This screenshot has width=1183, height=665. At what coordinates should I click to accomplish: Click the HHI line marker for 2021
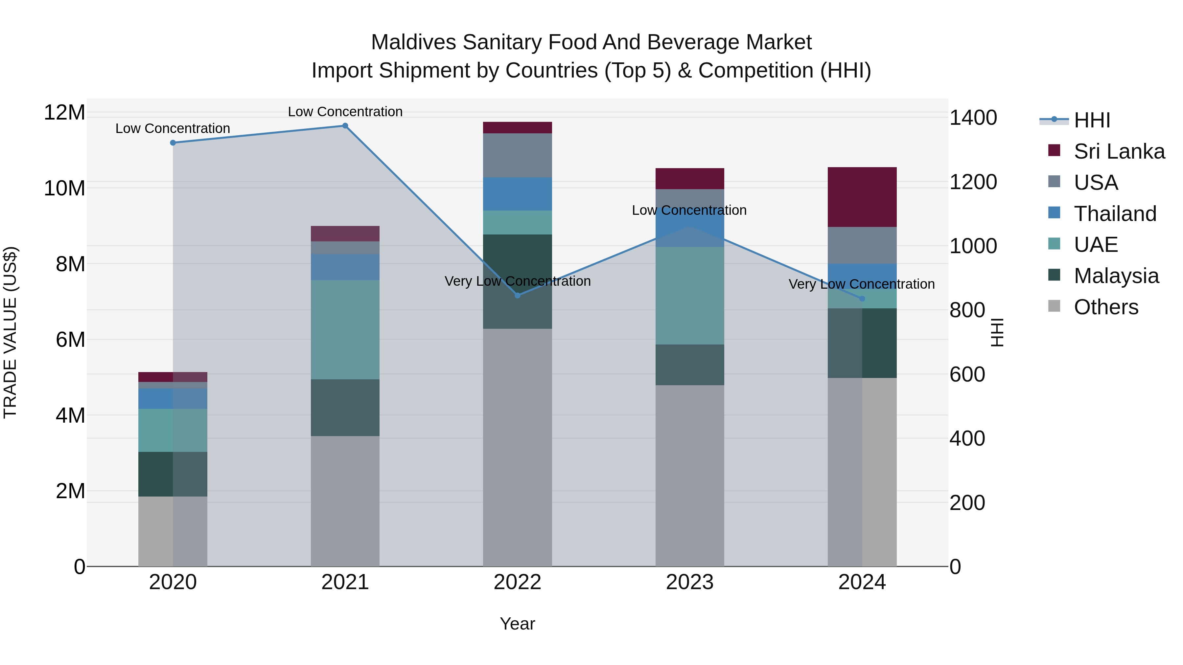pos(345,126)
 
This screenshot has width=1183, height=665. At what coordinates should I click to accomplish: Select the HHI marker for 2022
pos(518,296)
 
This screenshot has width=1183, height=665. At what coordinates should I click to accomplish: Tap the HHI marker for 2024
pos(862,299)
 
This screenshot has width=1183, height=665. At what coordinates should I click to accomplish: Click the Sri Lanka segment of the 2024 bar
pos(862,197)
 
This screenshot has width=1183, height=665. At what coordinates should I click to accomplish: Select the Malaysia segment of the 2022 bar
pos(518,281)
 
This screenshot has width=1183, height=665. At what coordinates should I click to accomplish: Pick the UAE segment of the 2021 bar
pos(345,329)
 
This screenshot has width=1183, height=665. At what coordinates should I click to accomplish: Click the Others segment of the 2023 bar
pos(689,476)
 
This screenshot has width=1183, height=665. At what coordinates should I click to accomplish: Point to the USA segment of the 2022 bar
pos(518,155)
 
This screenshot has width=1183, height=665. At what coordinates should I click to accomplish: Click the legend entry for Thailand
pos(1115,214)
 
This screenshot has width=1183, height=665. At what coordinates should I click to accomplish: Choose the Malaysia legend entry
pos(1116,276)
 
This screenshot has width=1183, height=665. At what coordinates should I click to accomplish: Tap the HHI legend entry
pos(1092,120)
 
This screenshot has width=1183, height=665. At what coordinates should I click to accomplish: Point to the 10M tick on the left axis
pos(64,188)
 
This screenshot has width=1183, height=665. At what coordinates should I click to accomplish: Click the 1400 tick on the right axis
pos(973,118)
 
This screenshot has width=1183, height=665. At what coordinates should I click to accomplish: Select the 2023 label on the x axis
pos(689,582)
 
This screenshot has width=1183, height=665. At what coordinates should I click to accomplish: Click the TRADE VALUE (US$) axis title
pos(10,332)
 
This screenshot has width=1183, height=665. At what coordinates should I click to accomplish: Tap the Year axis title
pos(517,624)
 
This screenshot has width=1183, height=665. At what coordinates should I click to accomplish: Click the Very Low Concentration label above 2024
pos(862,284)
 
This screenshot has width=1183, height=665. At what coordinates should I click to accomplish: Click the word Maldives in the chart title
pos(413,42)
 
